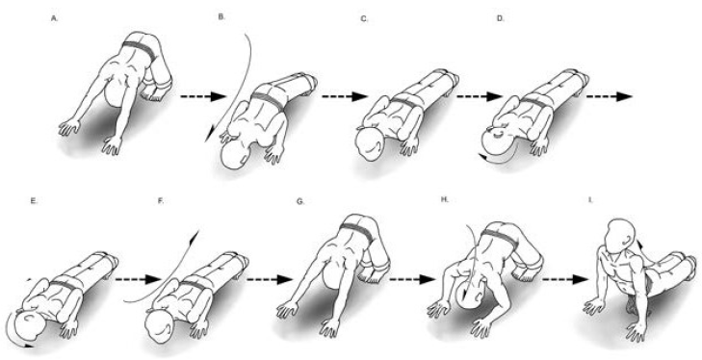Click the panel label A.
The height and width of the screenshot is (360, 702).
click(x=55, y=19)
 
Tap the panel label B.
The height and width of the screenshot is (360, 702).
click(x=221, y=16)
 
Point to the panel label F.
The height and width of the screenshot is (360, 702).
click(x=161, y=201)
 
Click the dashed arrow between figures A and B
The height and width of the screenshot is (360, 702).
click(x=203, y=96)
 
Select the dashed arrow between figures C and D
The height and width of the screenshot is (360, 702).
click(x=480, y=96)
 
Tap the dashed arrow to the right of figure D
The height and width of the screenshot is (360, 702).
click(x=610, y=96)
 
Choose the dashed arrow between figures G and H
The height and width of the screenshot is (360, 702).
click(x=412, y=279)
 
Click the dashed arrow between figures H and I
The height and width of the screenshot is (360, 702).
click(x=564, y=279)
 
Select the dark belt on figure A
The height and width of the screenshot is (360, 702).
click(x=140, y=51)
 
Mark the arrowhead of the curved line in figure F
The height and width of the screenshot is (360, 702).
click(x=195, y=237)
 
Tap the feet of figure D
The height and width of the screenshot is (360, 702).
click(x=580, y=83)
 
